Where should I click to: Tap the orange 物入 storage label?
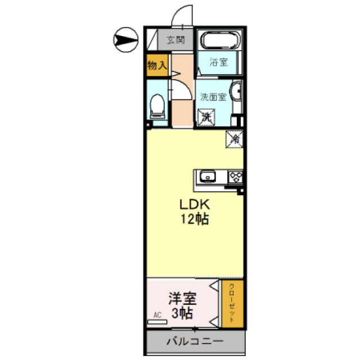click(x=157, y=65)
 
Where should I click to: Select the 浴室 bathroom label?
click(x=218, y=62)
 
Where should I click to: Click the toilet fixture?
click(x=157, y=105)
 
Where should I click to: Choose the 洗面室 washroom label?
click(x=213, y=96)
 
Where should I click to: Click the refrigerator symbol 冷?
click(x=235, y=138)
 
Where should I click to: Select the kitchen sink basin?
click(x=209, y=177)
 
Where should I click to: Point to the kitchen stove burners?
click(x=235, y=177)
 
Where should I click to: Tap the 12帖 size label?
click(x=195, y=219)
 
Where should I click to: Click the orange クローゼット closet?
click(x=231, y=304)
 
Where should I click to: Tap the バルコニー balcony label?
click(x=195, y=341)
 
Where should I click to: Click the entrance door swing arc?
click(x=182, y=15)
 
